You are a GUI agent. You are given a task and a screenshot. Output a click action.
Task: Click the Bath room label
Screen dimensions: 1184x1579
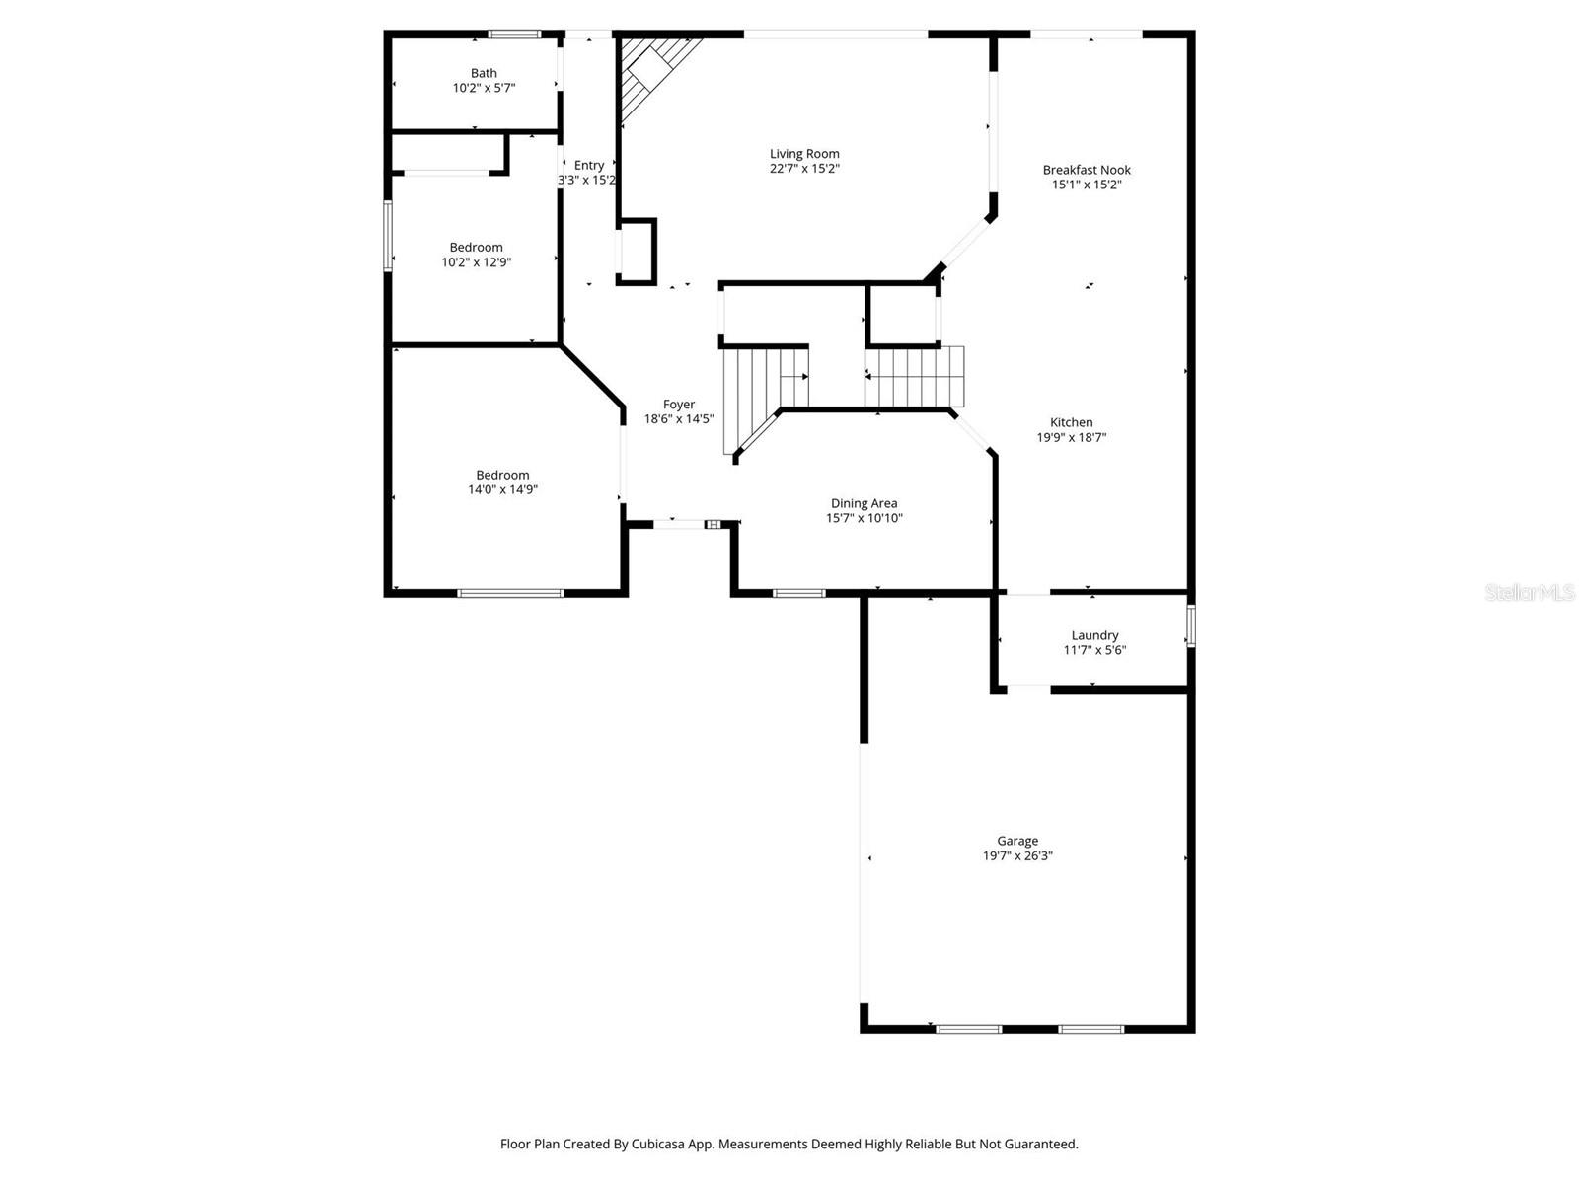pos(484,73)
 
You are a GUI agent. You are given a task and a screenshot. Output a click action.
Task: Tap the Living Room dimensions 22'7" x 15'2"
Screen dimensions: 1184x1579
pos(804,169)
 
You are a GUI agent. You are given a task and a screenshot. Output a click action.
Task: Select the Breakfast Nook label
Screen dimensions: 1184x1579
pos(1087,170)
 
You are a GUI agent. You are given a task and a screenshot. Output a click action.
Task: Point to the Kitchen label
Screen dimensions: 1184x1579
pos(1071,422)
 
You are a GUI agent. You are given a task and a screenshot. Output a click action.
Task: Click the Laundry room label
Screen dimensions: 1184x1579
pos(1094,635)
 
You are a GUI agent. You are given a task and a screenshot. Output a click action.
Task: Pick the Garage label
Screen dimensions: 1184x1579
pos(1016,841)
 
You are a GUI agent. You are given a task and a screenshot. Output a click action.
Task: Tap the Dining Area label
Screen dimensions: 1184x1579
pos(864,503)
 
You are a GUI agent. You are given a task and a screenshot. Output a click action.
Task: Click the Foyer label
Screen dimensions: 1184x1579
pos(679,405)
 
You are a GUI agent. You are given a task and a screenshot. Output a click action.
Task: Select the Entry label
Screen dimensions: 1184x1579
pos(589,165)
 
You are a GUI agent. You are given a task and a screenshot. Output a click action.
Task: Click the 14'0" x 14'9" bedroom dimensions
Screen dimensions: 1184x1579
pos(502,489)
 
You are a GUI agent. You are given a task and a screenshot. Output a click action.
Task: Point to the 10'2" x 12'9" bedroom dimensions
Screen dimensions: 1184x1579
pos(476,262)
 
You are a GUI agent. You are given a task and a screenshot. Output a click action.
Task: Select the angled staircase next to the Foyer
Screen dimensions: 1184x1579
pos(760,395)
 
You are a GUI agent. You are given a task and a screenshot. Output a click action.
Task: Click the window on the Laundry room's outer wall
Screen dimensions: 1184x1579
pos(1190,626)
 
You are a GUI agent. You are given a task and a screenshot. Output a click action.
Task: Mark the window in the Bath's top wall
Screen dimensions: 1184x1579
pos(515,35)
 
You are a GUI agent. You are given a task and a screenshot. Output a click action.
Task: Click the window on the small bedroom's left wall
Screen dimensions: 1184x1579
pos(388,235)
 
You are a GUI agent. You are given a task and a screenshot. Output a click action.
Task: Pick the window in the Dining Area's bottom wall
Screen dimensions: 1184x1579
pos(798,593)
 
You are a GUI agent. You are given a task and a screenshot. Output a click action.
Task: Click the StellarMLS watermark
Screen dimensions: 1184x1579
pos(1530,593)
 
